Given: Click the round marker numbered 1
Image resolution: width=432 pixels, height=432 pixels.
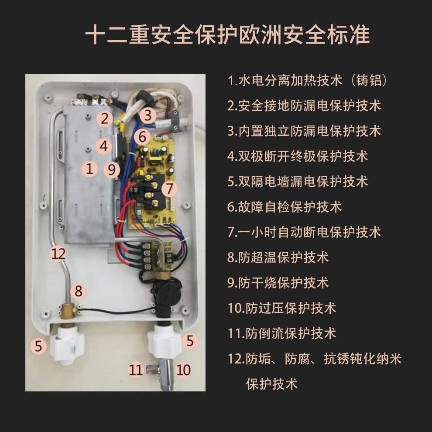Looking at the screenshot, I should [89, 168].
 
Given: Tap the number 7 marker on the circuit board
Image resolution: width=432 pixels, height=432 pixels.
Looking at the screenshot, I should [170, 189].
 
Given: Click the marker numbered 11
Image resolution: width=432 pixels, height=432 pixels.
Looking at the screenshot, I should [136, 370].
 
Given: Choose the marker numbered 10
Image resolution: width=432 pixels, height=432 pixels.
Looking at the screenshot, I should [184, 370].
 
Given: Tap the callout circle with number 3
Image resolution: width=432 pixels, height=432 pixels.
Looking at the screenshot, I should [148, 116].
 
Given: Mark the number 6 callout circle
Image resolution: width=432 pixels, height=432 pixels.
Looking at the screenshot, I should [142, 137].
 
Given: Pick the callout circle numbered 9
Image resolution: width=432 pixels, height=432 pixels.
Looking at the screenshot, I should [112, 170].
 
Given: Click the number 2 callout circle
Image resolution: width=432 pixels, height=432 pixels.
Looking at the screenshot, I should [105, 118].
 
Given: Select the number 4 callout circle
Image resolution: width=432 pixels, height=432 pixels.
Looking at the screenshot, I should [103, 146].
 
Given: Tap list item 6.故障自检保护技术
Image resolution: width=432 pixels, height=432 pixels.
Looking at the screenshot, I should [285, 206].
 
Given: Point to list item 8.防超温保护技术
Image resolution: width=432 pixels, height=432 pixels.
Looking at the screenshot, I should [278, 257].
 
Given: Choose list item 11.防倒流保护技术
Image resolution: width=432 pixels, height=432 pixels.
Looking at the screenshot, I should [282, 333].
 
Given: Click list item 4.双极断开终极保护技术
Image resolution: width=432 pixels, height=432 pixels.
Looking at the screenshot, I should [298, 156].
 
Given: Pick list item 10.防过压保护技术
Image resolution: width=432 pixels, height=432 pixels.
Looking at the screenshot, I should [282, 308].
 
